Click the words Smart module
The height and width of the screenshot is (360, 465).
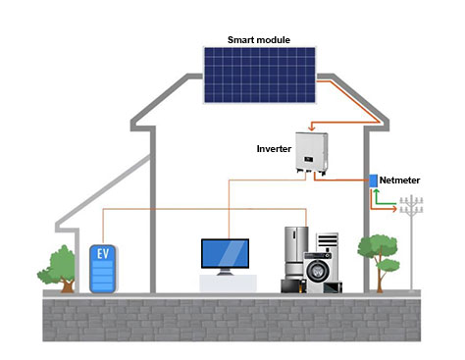pos(259,40)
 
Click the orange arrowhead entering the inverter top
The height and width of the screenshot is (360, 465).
pos(311,126)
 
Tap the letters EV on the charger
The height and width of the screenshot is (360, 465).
pos(102,253)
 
